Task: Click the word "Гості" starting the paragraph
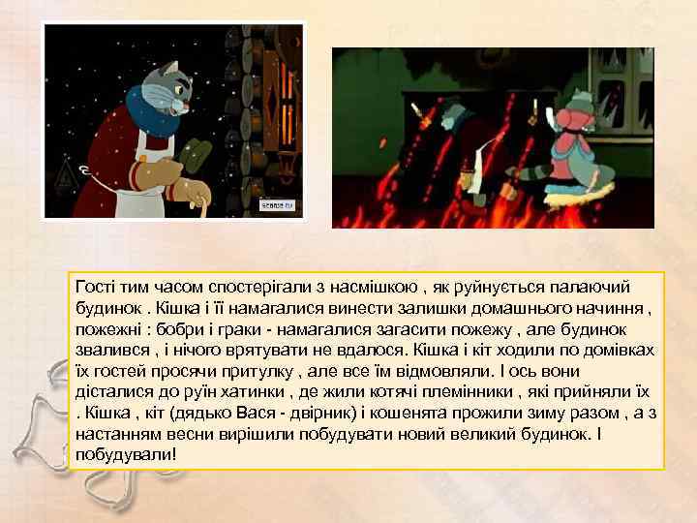96,287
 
